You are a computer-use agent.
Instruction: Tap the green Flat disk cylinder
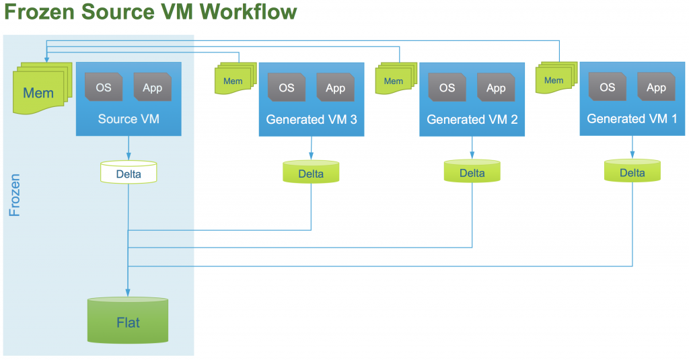pos(128,321)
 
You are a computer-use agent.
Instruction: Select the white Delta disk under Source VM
pos(128,173)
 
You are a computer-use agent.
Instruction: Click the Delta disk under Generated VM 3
pos(311,173)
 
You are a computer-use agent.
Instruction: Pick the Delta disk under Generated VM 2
pos(472,172)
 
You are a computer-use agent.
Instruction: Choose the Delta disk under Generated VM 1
pos(632,172)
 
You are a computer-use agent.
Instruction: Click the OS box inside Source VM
pos(104,87)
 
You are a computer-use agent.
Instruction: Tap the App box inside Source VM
pos(153,87)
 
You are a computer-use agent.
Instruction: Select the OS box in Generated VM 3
pos(287,87)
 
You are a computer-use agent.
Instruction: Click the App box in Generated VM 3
pos(335,87)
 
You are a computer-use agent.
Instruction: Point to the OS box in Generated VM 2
pos(447,87)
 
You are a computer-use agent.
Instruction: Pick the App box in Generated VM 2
pos(496,87)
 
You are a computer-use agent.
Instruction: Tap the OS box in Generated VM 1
pos(607,87)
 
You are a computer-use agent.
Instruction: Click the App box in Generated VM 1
pos(656,87)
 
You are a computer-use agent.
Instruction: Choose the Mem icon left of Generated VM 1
pos(554,79)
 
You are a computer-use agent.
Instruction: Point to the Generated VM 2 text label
pos(472,119)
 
